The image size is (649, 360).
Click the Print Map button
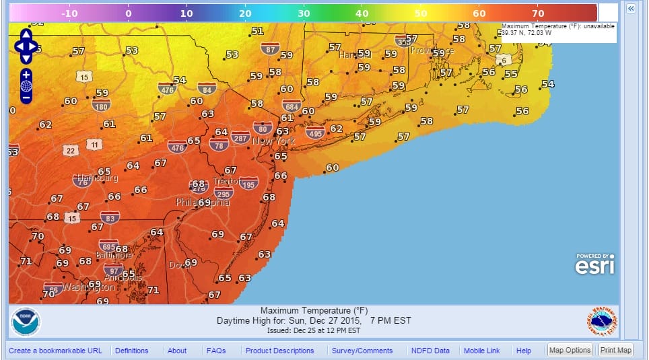pos(616,350)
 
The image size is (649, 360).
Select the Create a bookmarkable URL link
pos(55,351)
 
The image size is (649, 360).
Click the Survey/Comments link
pos(362,351)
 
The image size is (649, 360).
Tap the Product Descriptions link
pos(279,351)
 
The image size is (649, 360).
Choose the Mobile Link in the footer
pos(481,351)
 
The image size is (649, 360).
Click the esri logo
pos(594,264)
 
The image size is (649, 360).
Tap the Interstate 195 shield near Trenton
pos(248,184)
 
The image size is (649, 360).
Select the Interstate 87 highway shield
pos(270,50)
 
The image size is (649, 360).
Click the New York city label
pos(274,141)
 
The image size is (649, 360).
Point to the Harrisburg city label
pos(98,178)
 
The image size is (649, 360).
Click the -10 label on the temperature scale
pos(69,13)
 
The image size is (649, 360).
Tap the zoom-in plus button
pos(26,74)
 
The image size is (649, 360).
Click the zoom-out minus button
pos(26,98)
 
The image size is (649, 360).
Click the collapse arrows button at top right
pos(631,8)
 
